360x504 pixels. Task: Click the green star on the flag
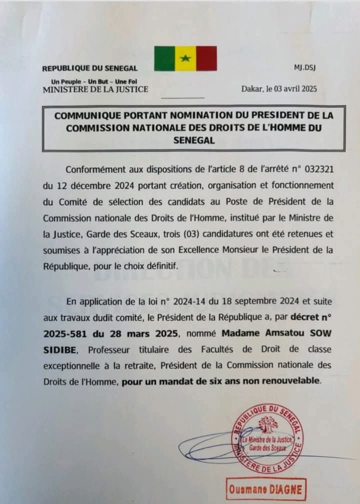pos(185,58)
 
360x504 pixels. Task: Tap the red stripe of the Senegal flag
pos(206,58)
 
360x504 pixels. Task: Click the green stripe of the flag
pos(164,58)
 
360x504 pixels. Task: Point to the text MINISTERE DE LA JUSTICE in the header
pos(95,89)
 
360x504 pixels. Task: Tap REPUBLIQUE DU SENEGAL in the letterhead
pos(90,68)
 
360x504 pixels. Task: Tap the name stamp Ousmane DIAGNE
pos(266,488)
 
